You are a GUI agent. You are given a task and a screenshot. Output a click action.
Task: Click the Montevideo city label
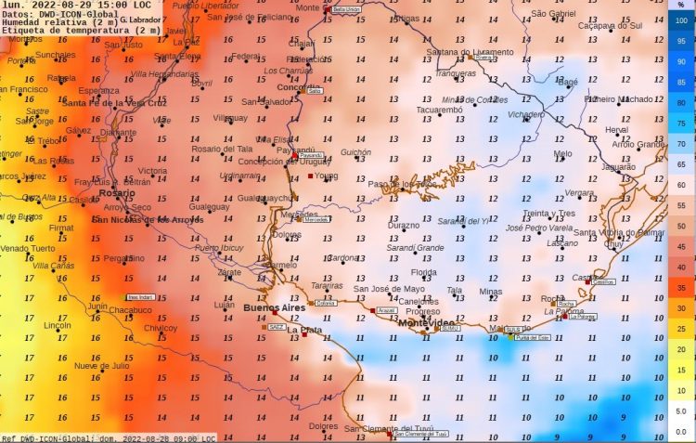(x=426, y=322)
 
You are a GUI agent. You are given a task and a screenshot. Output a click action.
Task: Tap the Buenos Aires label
(x=274, y=307)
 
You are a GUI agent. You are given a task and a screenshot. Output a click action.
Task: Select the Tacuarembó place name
(x=438, y=110)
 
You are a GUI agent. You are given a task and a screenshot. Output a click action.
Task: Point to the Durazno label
(x=404, y=226)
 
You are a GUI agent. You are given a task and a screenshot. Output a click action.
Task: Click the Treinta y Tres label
(x=548, y=214)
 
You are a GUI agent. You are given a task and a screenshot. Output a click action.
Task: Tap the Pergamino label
(x=120, y=258)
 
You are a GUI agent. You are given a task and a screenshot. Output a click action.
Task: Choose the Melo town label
(x=562, y=154)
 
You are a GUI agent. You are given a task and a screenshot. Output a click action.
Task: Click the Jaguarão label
(x=619, y=167)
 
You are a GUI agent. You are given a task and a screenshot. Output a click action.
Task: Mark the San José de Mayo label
(x=390, y=289)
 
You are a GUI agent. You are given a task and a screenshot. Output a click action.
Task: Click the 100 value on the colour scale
(x=681, y=20)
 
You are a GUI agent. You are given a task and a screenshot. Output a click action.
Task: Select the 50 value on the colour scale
(x=681, y=226)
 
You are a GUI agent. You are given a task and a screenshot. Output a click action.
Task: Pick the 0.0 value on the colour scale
(x=681, y=431)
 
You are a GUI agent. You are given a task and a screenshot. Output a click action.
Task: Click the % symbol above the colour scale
(x=681, y=6)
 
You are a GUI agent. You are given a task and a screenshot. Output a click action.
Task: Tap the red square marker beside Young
(x=310, y=175)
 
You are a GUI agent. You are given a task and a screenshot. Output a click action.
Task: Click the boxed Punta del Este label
(x=529, y=337)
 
